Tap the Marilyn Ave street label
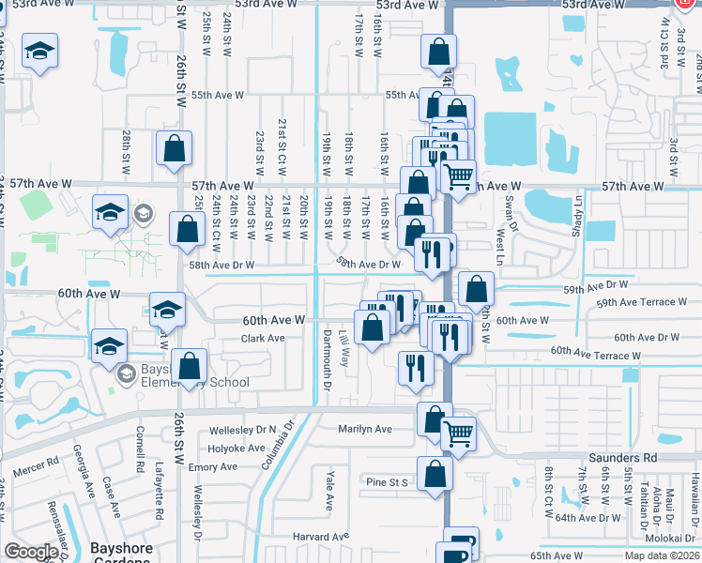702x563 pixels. tap(365, 429)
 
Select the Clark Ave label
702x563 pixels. tap(262, 338)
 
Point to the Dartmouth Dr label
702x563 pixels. tap(328, 360)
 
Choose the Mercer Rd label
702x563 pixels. tap(38, 461)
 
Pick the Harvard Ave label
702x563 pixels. tap(313, 537)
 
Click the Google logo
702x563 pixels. tap(31, 552)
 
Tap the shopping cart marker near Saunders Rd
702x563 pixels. tap(458, 434)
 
